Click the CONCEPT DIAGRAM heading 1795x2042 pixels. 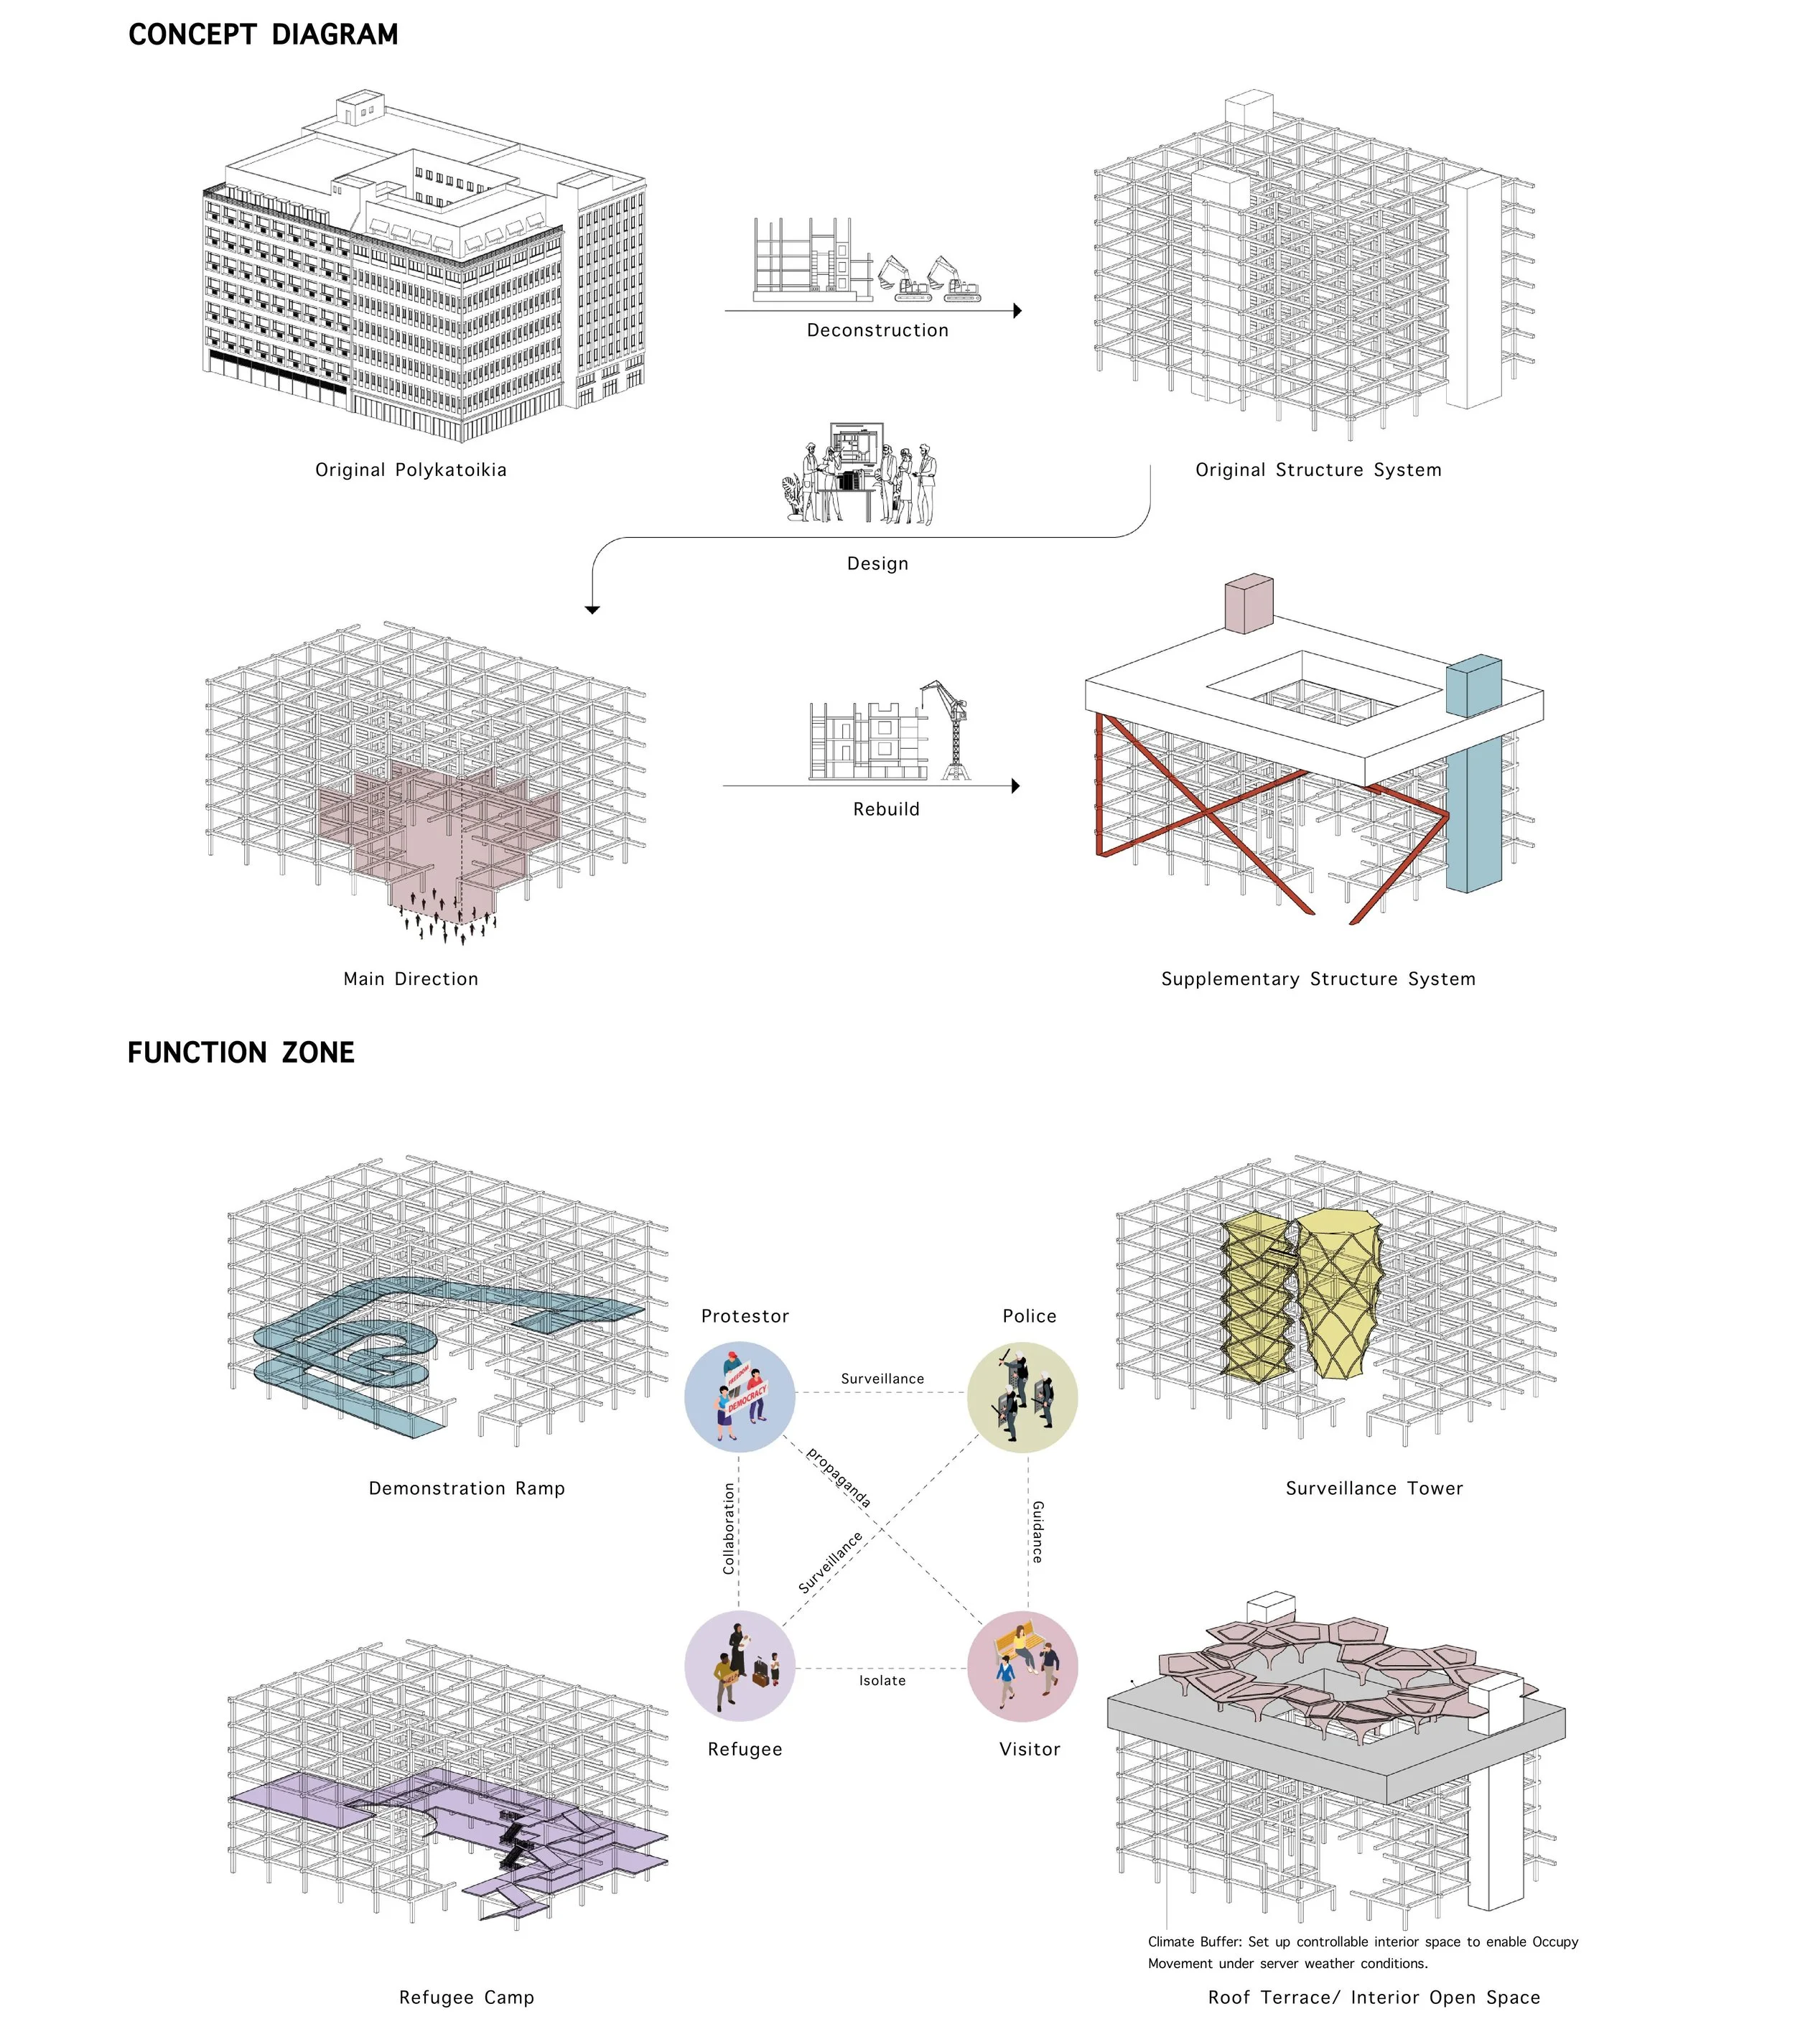pos(263,35)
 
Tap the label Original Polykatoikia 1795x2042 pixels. pos(411,470)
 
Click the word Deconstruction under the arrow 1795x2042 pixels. pos(877,330)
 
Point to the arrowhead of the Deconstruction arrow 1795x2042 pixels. pos(1016,311)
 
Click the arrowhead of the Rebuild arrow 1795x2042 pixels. pos(1015,786)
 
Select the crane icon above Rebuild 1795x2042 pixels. pos(947,729)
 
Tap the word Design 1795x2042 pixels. pos(877,564)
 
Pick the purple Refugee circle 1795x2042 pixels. pos(739,1665)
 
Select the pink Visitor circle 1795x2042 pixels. pos(1022,1665)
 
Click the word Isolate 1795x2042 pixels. pos(882,1680)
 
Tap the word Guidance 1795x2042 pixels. pos(1038,1531)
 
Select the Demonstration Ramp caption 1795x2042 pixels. pos(467,1488)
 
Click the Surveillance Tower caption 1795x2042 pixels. pos(1374,1488)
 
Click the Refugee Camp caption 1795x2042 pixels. pos(467,1997)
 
